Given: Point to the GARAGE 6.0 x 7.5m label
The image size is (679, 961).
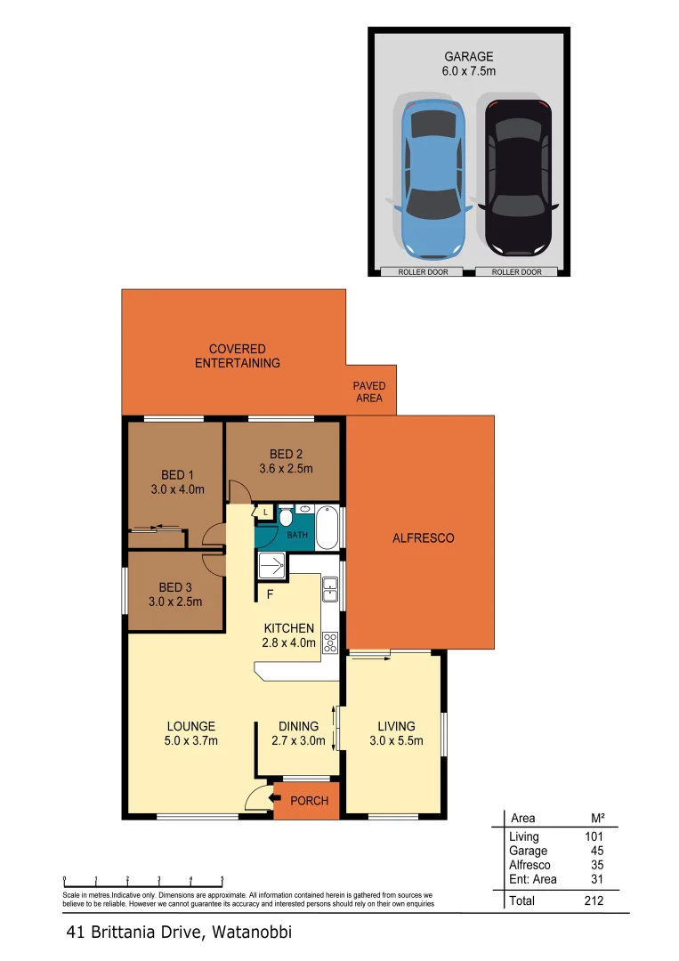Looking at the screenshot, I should [x=469, y=63].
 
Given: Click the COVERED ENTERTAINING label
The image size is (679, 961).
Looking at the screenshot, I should [x=237, y=356].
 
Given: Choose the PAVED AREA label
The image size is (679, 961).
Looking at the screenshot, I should [x=368, y=392].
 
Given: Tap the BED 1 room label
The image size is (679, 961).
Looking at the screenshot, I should [x=177, y=481].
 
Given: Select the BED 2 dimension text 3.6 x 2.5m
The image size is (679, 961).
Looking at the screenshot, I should [x=286, y=469].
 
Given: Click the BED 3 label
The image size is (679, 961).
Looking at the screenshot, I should [x=175, y=594].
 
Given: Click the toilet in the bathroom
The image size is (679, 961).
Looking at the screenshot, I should [x=287, y=519].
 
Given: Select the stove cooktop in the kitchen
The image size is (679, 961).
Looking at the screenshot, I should [x=330, y=642].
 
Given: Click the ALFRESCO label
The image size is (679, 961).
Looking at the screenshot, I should [x=424, y=538].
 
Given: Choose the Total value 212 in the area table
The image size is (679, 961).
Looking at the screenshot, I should [x=593, y=900].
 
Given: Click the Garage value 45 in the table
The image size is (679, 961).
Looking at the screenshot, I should [x=595, y=851].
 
